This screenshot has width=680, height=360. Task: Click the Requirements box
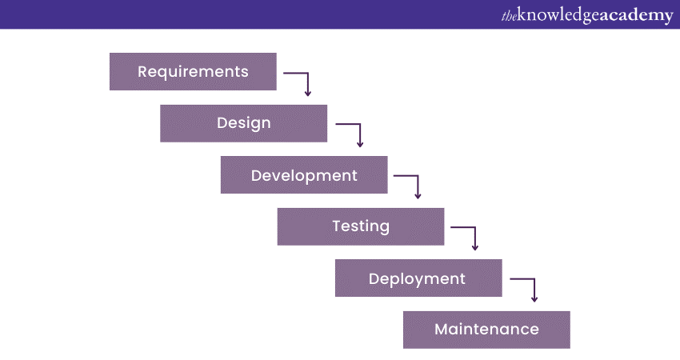(x=193, y=71)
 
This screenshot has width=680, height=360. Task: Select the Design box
(x=244, y=123)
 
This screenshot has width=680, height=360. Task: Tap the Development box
(x=304, y=174)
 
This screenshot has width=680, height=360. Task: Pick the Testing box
(x=361, y=226)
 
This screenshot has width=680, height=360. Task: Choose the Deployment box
(x=418, y=278)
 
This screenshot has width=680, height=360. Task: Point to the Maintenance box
(x=486, y=330)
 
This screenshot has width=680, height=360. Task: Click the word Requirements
(x=193, y=71)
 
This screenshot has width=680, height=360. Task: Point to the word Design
(x=244, y=123)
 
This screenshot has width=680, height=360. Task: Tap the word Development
(x=304, y=175)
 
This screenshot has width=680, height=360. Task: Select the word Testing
(x=361, y=226)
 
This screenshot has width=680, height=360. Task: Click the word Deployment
(x=417, y=278)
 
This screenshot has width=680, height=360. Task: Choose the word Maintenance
(x=486, y=329)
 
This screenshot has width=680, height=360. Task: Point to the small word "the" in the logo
(x=510, y=16)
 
